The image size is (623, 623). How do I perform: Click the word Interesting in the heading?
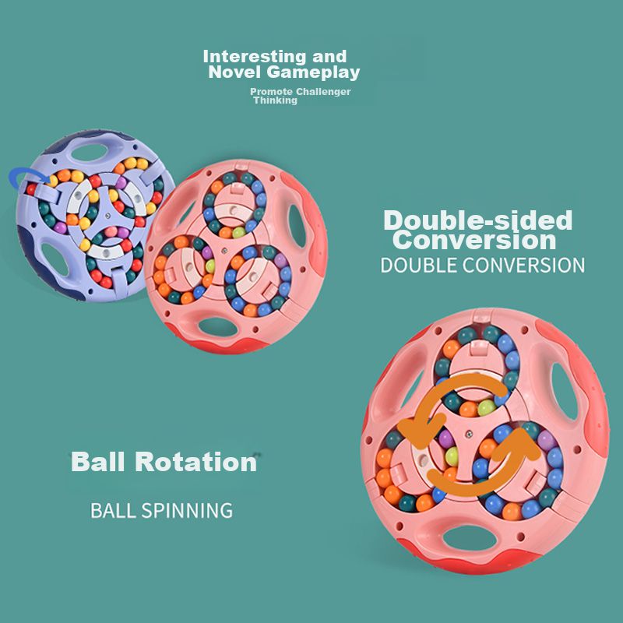(x=255, y=57)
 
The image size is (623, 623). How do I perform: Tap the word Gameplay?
(x=313, y=72)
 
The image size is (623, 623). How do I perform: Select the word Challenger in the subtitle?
(x=323, y=92)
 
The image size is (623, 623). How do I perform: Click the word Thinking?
(x=276, y=100)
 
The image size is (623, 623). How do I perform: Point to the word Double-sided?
(x=478, y=220)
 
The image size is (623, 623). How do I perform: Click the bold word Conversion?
(x=474, y=241)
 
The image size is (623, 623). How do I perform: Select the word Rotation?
(x=195, y=462)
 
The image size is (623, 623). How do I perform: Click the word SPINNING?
(x=187, y=511)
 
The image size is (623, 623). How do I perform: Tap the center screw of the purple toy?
(x=107, y=215)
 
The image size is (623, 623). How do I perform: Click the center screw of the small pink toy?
(x=224, y=251)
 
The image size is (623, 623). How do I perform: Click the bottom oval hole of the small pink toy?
(x=217, y=327)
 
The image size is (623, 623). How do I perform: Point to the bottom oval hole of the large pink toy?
(x=470, y=538)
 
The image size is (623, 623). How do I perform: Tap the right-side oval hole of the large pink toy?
(x=564, y=392)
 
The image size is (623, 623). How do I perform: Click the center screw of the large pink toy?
(x=469, y=433)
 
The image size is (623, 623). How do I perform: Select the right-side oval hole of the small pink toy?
(x=297, y=226)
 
